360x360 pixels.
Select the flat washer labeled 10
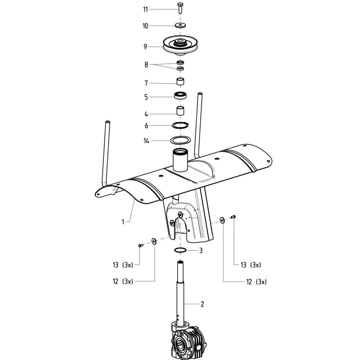click(180, 25)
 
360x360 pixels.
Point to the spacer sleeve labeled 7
click(180, 82)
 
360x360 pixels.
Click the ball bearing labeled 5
click(180, 95)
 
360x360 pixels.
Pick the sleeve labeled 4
click(180, 111)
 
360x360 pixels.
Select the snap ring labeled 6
click(180, 125)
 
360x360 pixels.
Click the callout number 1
click(123, 222)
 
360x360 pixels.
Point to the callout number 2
click(202, 304)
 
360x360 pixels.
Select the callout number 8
click(146, 65)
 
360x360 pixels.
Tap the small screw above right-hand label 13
click(234, 216)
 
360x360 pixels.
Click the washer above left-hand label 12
click(154, 241)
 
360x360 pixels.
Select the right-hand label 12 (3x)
click(256, 282)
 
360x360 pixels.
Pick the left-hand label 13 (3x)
click(123, 265)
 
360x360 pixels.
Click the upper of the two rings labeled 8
click(180, 62)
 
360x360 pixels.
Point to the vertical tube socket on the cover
click(180, 160)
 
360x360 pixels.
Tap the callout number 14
click(146, 141)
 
